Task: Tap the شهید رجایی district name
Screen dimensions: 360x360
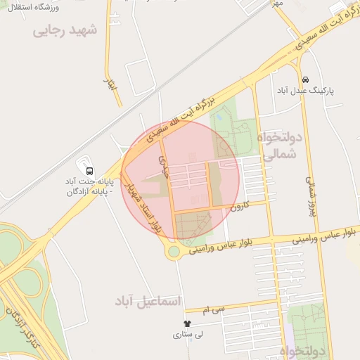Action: pos(64,32)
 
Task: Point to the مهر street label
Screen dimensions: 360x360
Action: pos(278,4)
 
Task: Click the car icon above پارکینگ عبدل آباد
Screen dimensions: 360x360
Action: pos(305,79)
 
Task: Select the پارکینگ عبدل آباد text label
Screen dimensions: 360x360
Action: pos(305,91)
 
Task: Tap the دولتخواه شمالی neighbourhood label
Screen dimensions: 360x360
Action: pos(278,145)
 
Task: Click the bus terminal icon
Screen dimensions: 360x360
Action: pos(89,170)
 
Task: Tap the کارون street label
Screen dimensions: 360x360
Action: pos(240,205)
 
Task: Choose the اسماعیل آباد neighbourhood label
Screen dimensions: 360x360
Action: pos(147,301)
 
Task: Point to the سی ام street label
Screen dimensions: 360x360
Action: pos(214,309)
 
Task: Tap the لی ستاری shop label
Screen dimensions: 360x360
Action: pos(188,335)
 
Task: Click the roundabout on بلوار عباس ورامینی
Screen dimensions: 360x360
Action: pos(174,251)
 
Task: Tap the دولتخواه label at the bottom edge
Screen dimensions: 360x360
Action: pos(305,350)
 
